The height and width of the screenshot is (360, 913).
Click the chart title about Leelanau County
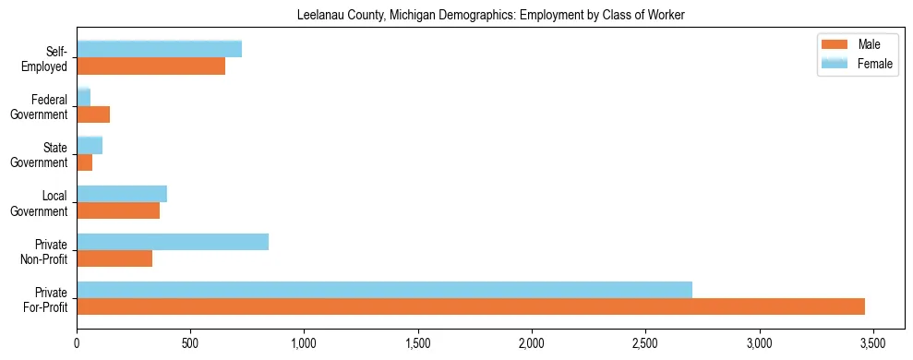pos(490,16)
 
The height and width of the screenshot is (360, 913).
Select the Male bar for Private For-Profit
pos(471,306)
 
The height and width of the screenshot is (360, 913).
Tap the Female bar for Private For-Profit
pos(384,290)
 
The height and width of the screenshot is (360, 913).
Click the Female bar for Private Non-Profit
pos(173,242)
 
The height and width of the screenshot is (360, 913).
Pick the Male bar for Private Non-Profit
pos(114,258)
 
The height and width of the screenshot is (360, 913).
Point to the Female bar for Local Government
pos(122,194)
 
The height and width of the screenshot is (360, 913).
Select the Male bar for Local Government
pos(118,210)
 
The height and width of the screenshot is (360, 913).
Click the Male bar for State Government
pos(85,162)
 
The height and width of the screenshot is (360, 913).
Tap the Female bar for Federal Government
pos(84,98)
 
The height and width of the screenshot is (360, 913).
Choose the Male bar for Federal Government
pos(93,114)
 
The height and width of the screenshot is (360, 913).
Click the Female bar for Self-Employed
pos(160,49)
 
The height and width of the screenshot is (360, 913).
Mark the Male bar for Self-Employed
pos(151,66)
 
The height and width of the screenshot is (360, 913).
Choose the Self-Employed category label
pos(48,57)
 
